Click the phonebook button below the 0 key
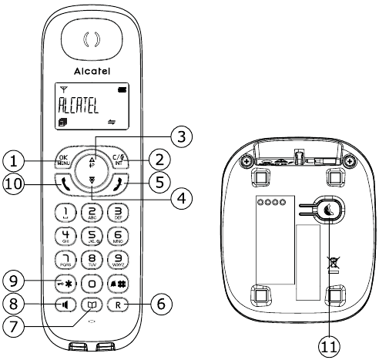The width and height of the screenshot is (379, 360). pos(92,304)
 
